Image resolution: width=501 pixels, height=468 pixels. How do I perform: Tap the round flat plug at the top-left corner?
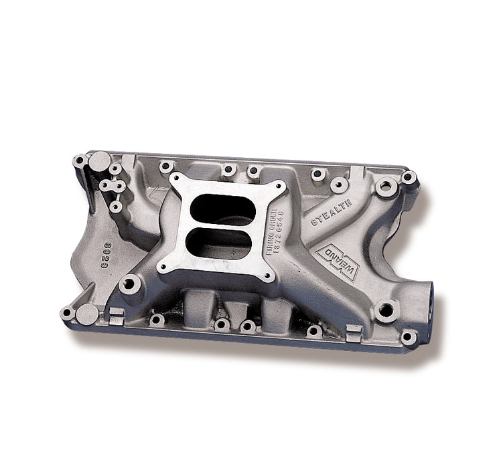tap(98, 160)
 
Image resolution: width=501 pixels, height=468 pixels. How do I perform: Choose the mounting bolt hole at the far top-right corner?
tap(407, 177)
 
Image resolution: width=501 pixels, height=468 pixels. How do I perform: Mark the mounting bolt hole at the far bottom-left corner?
tap(67, 313)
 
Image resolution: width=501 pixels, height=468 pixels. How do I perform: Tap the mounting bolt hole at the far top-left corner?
tap(80, 160)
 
